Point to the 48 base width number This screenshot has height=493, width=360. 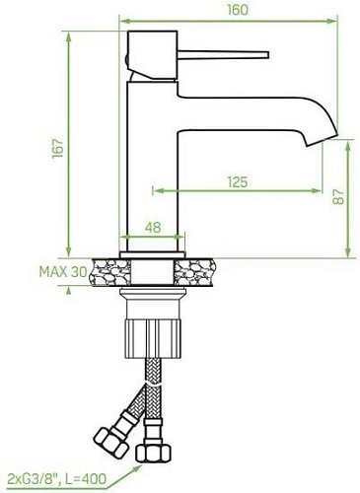(152, 228)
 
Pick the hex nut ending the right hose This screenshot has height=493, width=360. (153, 455)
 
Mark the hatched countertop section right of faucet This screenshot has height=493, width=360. (199, 270)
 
